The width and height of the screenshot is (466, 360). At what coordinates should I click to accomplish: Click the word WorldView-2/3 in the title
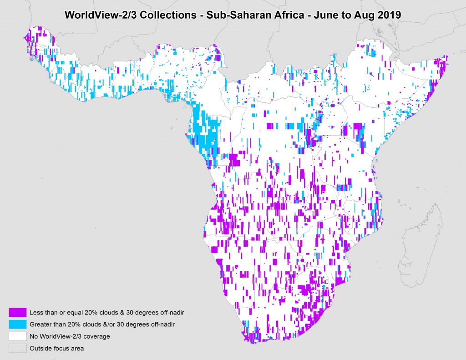click(x=96, y=14)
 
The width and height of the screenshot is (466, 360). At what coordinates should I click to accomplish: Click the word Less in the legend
click(x=36, y=312)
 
